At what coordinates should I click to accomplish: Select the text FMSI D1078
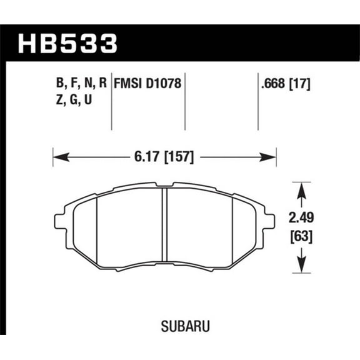pos(148,82)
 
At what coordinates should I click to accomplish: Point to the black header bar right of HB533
pos(237,44)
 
